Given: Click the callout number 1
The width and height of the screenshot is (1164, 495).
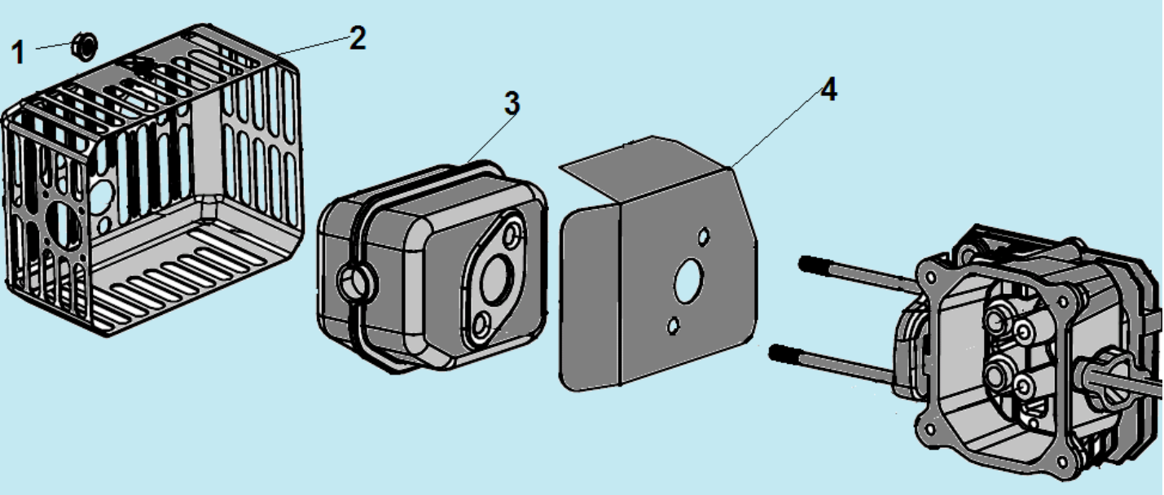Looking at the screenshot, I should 18,53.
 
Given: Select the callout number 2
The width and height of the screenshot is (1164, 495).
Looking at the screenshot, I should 357,37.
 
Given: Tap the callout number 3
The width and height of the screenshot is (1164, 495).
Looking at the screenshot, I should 512,103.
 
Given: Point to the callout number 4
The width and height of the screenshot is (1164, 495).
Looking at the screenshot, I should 828,90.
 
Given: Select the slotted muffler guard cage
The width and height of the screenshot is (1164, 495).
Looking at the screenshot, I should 155,187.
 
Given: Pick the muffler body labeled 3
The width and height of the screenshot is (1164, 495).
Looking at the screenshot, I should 407,269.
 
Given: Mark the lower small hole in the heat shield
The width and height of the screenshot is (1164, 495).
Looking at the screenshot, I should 674,326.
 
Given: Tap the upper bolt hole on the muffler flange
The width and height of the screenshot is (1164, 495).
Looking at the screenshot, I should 512,237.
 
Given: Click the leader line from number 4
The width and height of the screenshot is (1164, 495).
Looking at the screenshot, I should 774,130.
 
